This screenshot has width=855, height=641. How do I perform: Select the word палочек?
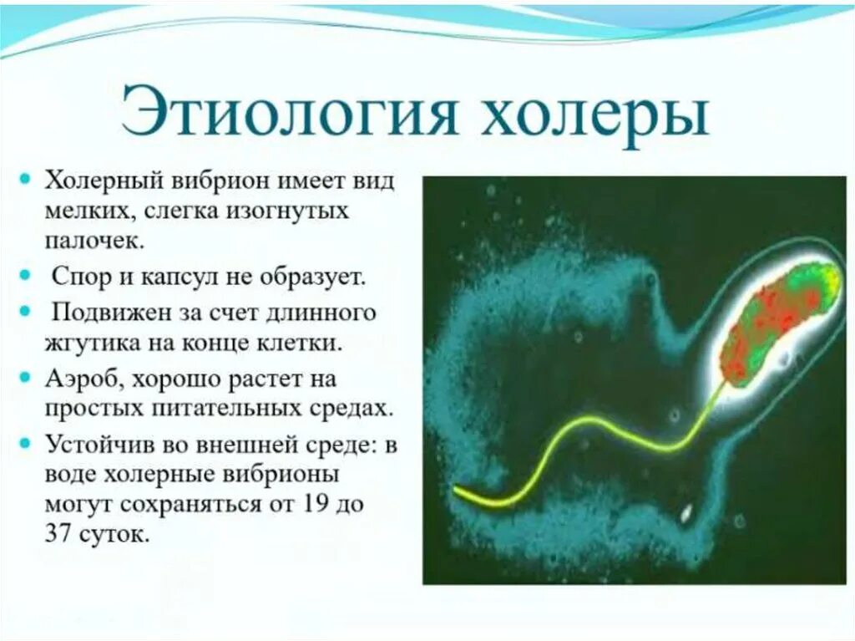[x=94, y=240]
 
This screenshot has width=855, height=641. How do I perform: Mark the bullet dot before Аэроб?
[x=24, y=377]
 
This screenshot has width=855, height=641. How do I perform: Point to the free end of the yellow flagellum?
[x=456, y=490]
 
